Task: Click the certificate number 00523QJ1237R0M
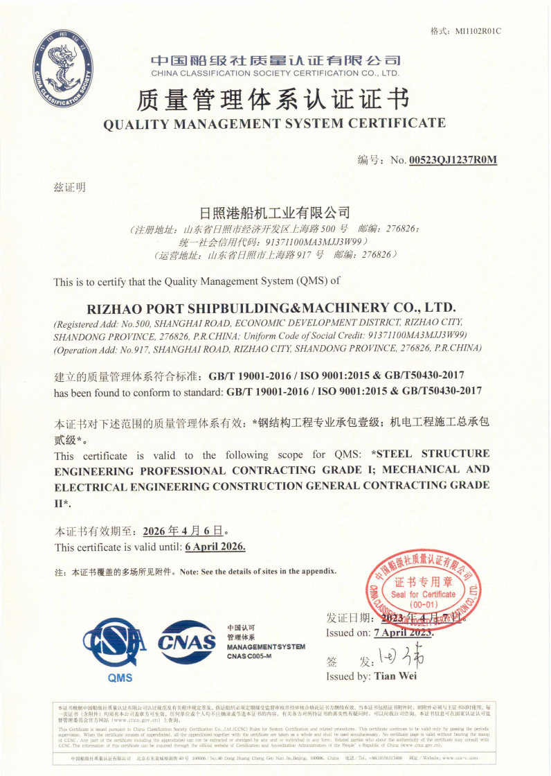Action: click(453, 160)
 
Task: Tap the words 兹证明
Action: click(70, 187)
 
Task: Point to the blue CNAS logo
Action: click(188, 642)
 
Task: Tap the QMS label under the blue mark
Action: click(120, 678)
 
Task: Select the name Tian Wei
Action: click(395, 676)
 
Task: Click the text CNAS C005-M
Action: click(249, 655)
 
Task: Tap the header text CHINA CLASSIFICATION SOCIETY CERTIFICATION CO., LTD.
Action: click(275, 73)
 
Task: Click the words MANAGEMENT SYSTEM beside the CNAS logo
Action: click(265, 646)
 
